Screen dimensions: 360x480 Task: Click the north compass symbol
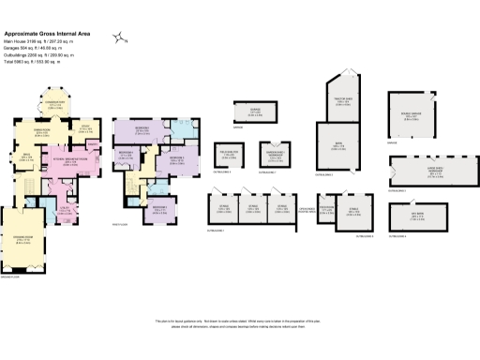pyautogui.click(x=121, y=37)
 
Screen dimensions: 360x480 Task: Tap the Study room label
pyautogui.click(x=85, y=129)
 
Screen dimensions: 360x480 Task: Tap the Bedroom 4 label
pyautogui.click(x=158, y=207)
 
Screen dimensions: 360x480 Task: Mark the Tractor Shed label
pyautogui.click(x=342, y=99)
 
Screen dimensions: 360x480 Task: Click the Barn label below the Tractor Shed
pyautogui.click(x=341, y=144)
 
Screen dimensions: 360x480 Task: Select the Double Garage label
pyautogui.click(x=412, y=114)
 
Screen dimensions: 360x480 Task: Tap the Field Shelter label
pyautogui.click(x=226, y=152)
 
